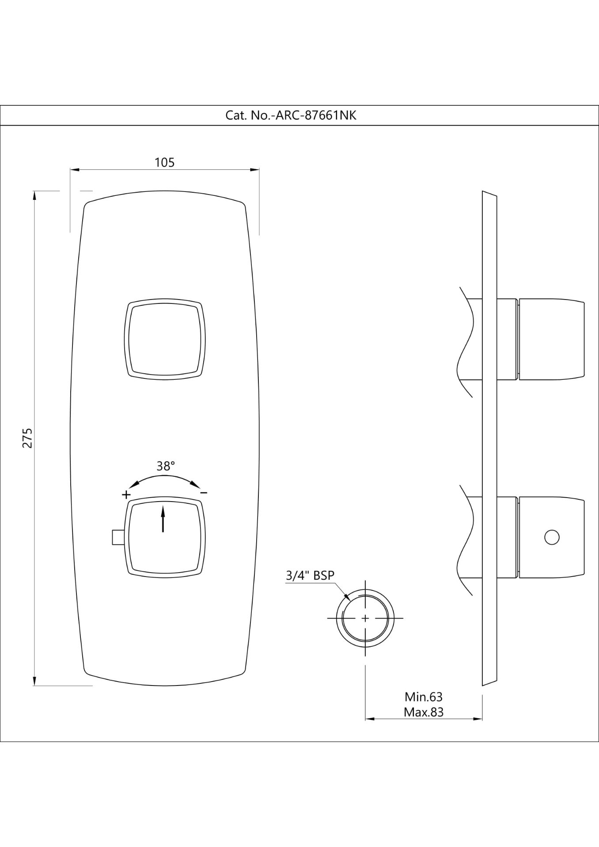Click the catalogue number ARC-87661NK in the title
point(316,116)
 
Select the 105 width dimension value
point(165,162)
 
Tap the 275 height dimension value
point(27,438)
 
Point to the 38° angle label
point(166,466)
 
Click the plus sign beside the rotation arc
point(126,494)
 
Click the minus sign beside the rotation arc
point(204,492)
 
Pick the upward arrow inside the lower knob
point(163,519)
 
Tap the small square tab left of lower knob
point(118,537)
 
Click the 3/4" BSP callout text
point(310,575)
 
